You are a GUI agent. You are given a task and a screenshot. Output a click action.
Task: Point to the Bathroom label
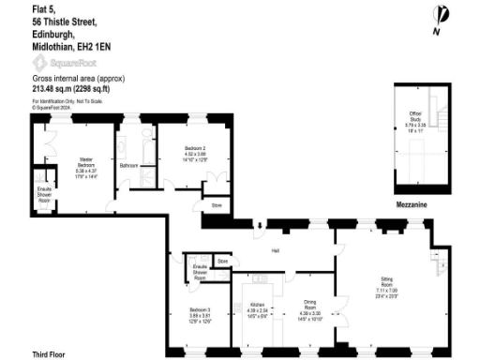[x=129, y=166]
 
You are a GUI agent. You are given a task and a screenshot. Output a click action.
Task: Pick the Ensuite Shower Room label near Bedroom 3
[x=199, y=273]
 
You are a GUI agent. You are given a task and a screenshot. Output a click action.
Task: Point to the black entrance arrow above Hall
[x=257, y=224]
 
